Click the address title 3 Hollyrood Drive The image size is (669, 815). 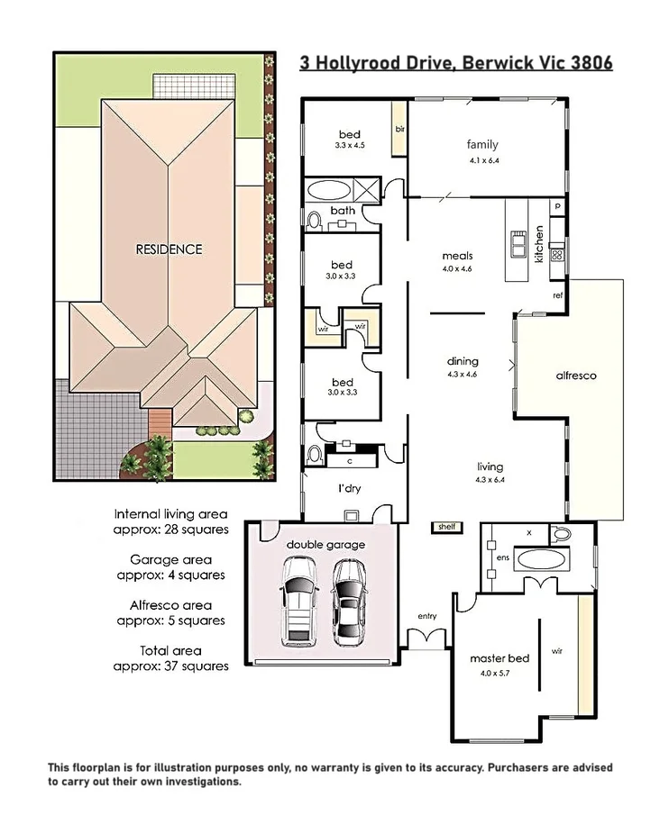click(455, 64)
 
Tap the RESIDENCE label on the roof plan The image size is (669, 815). click(169, 249)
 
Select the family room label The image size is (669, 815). click(482, 144)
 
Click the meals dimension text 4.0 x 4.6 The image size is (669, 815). click(457, 268)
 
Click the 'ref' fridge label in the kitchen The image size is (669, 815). click(557, 295)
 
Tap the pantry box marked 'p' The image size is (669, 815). click(558, 206)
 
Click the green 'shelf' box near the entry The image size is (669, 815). click(446, 527)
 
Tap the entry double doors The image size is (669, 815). click(427, 638)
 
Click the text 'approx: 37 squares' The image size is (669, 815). click(171, 666)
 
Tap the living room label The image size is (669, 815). click(490, 466)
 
